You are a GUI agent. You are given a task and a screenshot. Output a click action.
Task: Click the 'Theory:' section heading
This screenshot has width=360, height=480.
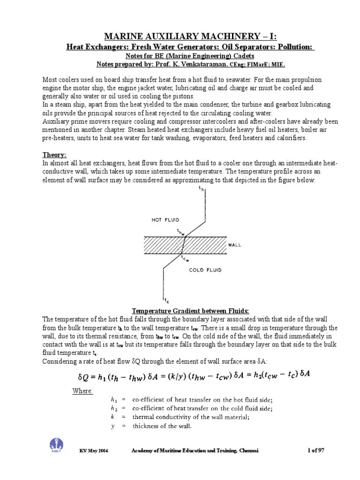55,155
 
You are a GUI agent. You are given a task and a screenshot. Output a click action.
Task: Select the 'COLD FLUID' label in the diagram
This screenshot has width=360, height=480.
205,270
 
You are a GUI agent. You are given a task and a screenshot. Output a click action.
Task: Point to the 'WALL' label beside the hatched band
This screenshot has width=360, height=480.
235,245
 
